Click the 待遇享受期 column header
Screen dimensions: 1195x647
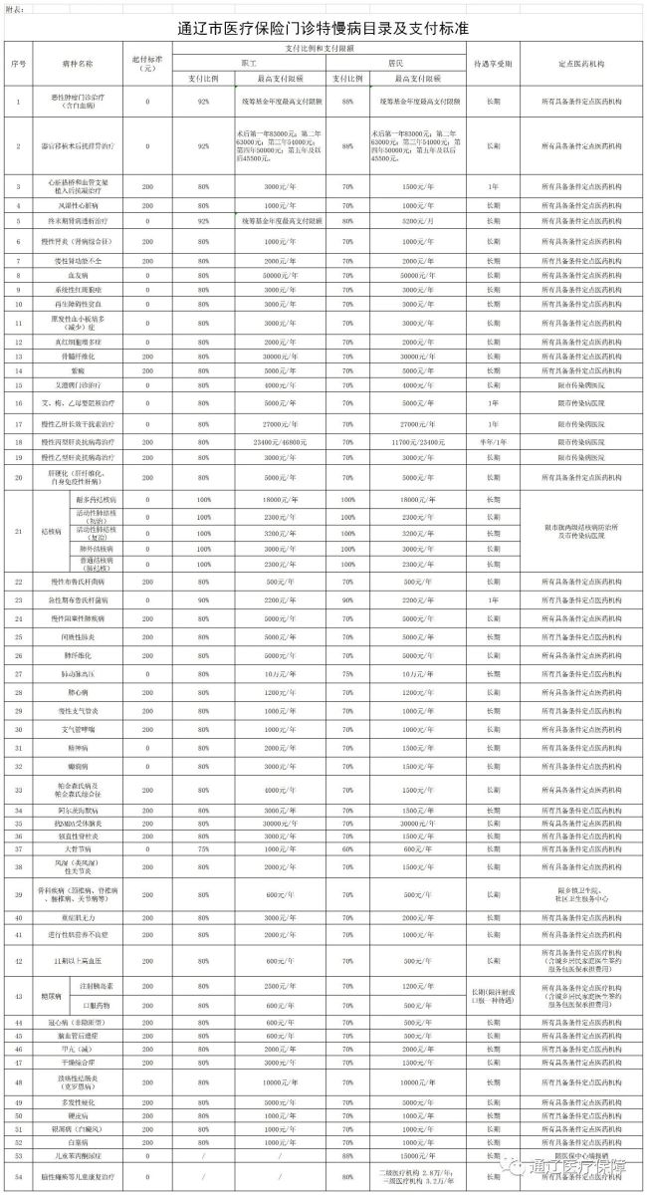pyautogui.click(x=494, y=64)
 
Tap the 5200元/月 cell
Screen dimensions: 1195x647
pyautogui.click(x=413, y=220)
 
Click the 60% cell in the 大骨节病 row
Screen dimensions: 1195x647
pyautogui.click(x=347, y=848)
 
